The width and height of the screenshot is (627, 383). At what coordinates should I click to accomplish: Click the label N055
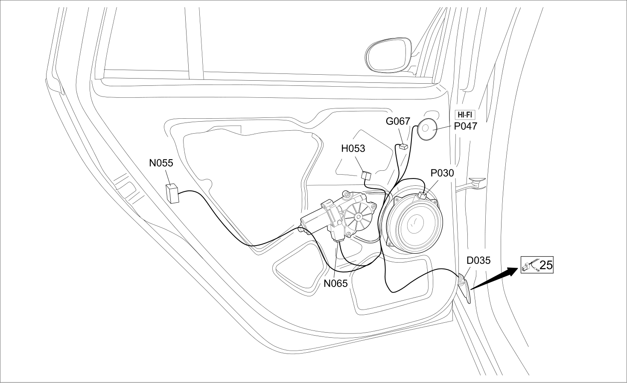click(161, 163)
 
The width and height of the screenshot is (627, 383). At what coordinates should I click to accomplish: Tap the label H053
click(353, 149)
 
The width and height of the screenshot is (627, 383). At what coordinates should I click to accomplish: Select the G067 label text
click(398, 121)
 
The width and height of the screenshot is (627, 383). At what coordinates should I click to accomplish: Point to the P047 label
click(465, 126)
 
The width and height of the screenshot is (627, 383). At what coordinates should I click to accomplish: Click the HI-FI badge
click(465, 115)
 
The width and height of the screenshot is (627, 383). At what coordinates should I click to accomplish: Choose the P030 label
click(442, 173)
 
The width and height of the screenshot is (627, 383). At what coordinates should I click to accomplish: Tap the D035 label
click(478, 260)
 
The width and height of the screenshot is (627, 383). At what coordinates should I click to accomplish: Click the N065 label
click(335, 284)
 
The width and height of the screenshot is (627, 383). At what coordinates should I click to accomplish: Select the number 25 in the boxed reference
click(546, 265)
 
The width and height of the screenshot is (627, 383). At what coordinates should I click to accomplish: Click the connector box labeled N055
click(172, 193)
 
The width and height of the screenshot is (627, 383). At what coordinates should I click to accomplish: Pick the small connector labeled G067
click(403, 146)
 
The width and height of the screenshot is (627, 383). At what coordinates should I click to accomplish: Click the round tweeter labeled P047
click(427, 129)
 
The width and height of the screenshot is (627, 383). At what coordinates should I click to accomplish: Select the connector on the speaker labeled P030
click(423, 196)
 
